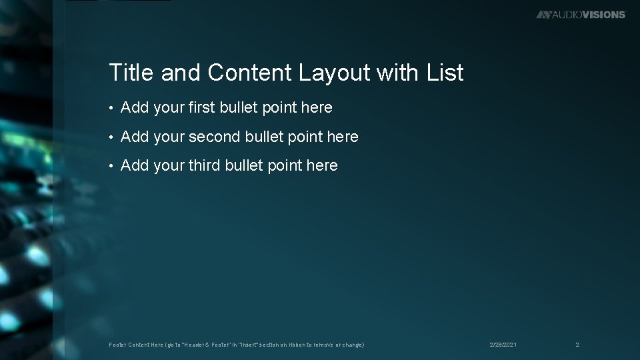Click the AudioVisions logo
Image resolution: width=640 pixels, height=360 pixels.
pos(581,14)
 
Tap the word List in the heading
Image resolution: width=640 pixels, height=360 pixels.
pos(445,73)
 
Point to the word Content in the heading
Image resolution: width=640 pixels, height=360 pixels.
pos(249,73)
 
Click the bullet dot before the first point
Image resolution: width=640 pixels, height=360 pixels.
pos(112,108)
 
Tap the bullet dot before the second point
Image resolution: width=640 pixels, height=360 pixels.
pos(112,137)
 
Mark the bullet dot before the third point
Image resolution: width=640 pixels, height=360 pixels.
pos(112,166)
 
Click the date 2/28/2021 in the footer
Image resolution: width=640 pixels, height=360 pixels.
pos(503,345)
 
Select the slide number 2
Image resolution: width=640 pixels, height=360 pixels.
pos(577,345)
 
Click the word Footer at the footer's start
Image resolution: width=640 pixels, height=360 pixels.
pos(117,345)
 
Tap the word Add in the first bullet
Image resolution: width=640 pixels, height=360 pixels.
pos(135,107)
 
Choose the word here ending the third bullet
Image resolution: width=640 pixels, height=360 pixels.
pos(322,165)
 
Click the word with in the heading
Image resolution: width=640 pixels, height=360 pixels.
pos(398,73)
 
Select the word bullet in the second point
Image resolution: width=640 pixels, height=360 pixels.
pos(265,137)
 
